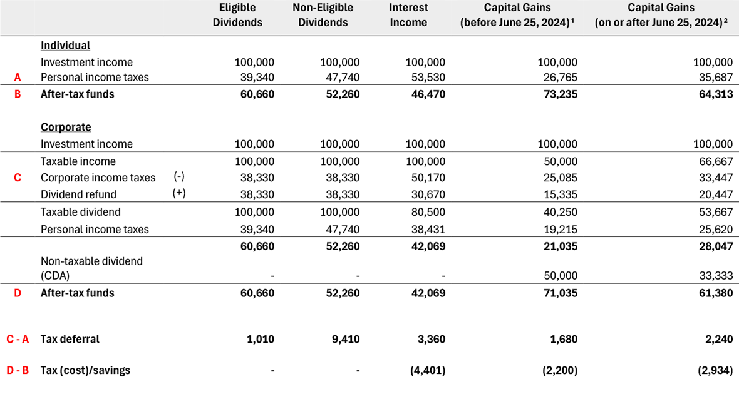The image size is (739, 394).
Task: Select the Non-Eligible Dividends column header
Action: click(x=323, y=15)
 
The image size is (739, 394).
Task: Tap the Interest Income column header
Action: click(x=408, y=15)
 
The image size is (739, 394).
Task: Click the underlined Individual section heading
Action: click(x=65, y=46)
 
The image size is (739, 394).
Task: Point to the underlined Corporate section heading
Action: click(x=66, y=127)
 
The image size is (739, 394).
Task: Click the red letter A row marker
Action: click(x=18, y=78)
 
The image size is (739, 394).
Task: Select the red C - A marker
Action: click(x=18, y=340)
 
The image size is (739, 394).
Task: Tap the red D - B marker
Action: click(x=18, y=370)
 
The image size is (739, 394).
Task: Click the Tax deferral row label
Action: click(x=70, y=340)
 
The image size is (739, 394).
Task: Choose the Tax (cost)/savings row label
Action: click(x=85, y=370)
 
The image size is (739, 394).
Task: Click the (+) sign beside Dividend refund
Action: click(x=179, y=194)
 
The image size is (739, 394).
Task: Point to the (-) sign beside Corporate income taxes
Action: click(x=179, y=177)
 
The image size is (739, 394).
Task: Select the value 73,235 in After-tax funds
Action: click(x=560, y=94)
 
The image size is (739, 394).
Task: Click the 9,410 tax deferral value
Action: click(x=346, y=340)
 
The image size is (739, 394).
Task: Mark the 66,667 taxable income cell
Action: click(x=715, y=161)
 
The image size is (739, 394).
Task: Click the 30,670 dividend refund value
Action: click(x=428, y=194)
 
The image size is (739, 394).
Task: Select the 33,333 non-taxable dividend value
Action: click(x=715, y=276)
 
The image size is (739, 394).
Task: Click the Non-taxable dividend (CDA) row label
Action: click(x=91, y=268)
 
